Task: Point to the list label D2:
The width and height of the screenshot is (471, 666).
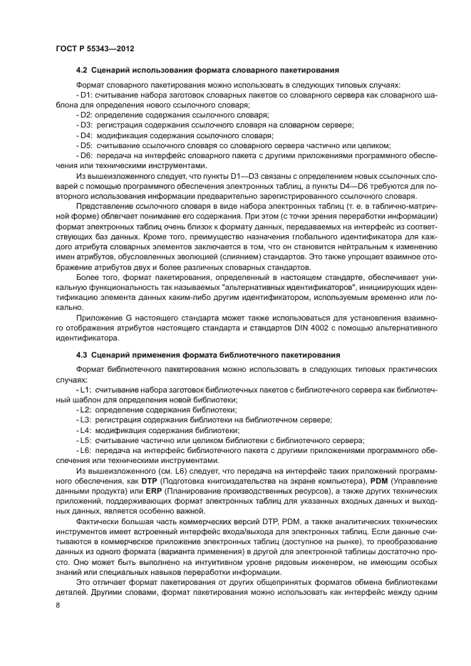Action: (x=86, y=114)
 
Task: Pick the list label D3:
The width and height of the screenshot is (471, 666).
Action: (x=86, y=125)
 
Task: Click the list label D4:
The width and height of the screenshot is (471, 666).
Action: (x=86, y=135)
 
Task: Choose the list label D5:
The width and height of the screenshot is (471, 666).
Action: (x=86, y=145)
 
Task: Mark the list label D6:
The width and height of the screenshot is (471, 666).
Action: (x=86, y=155)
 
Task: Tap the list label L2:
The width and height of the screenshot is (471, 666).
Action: (x=86, y=410)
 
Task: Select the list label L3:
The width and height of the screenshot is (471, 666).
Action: (x=86, y=420)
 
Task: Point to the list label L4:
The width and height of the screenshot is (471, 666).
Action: (x=86, y=430)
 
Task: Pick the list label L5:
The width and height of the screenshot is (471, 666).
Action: (x=86, y=441)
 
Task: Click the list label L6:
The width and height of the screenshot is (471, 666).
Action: (x=86, y=451)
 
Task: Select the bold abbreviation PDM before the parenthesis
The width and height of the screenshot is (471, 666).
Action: (x=378, y=482)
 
